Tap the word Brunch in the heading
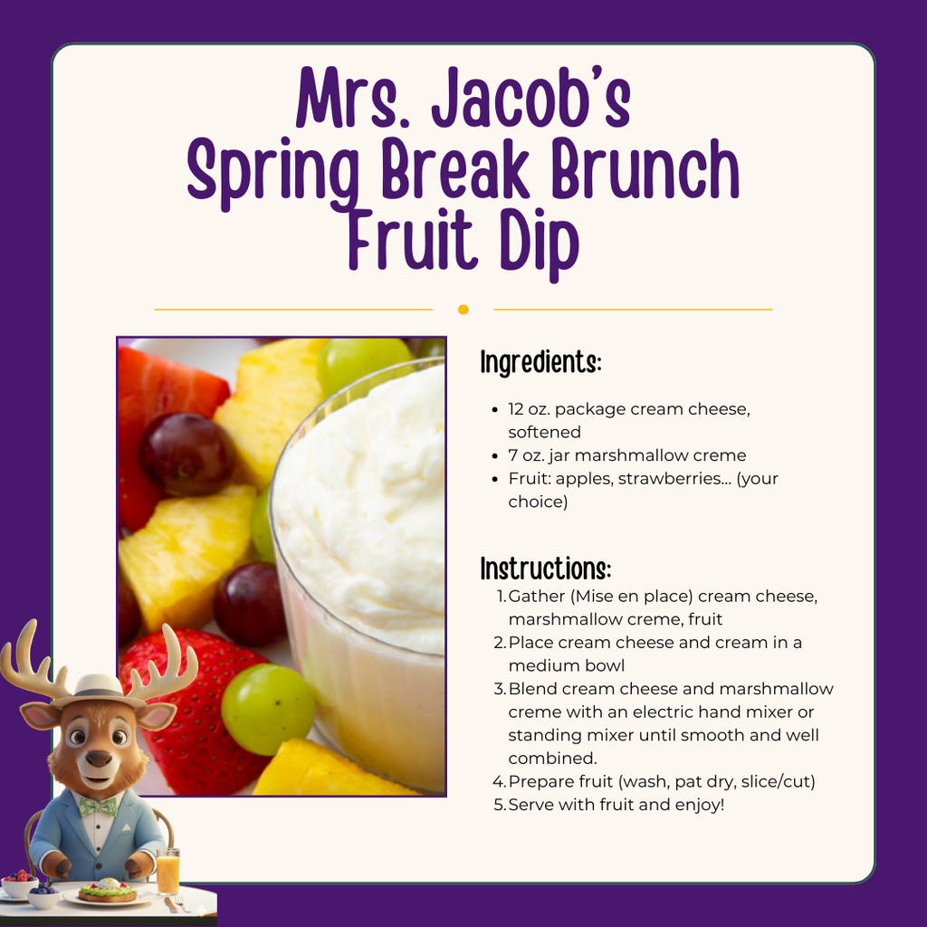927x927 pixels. click(648, 170)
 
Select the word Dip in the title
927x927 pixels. click(533, 239)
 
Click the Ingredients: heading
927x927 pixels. click(540, 362)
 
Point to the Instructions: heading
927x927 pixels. click(545, 569)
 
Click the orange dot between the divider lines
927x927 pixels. click(463, 310)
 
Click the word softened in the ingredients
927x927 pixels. click(544, 432)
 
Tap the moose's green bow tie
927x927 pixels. click(98, 805)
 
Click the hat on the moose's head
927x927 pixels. click(99, 688)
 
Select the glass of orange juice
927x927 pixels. click(167, 871)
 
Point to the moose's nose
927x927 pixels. click(99, 758)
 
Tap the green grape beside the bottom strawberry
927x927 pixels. click(267, 709)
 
